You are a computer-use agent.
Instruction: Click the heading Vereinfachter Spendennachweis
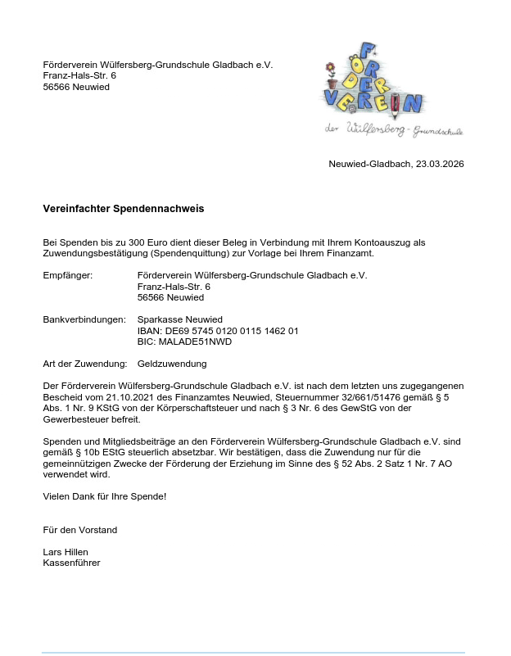[123, 209]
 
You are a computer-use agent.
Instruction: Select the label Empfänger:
[68, 275]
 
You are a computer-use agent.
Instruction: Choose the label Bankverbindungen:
[84, 319]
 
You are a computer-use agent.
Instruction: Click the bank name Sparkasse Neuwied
[180, 319]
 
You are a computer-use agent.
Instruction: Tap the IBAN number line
[218, 331]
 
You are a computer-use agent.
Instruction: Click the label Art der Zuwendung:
[84, 364]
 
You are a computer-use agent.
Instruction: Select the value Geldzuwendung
[172, 364]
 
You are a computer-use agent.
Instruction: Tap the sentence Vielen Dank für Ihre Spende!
[104, 496]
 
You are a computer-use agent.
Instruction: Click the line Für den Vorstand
[80, 530]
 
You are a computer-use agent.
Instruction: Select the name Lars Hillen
[66, 552]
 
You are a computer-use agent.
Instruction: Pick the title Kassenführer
[71, 563]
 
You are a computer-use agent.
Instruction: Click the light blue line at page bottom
[253, 652]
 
